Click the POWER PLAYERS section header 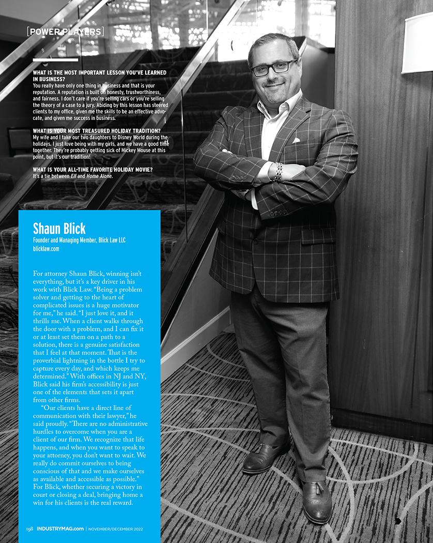65,32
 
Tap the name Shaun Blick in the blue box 59,228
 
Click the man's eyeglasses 274,68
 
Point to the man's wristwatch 278,172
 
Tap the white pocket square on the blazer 296,140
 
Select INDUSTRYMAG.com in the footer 60,528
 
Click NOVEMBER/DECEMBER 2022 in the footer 115,528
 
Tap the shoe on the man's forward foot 317,502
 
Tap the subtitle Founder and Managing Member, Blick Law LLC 79,240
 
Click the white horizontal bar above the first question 55,59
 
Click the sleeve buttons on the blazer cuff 278,213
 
